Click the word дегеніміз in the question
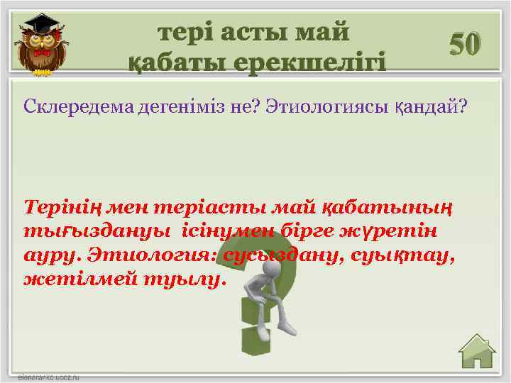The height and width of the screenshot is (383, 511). coord(157,106)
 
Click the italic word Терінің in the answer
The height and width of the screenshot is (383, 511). coord(60,208)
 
